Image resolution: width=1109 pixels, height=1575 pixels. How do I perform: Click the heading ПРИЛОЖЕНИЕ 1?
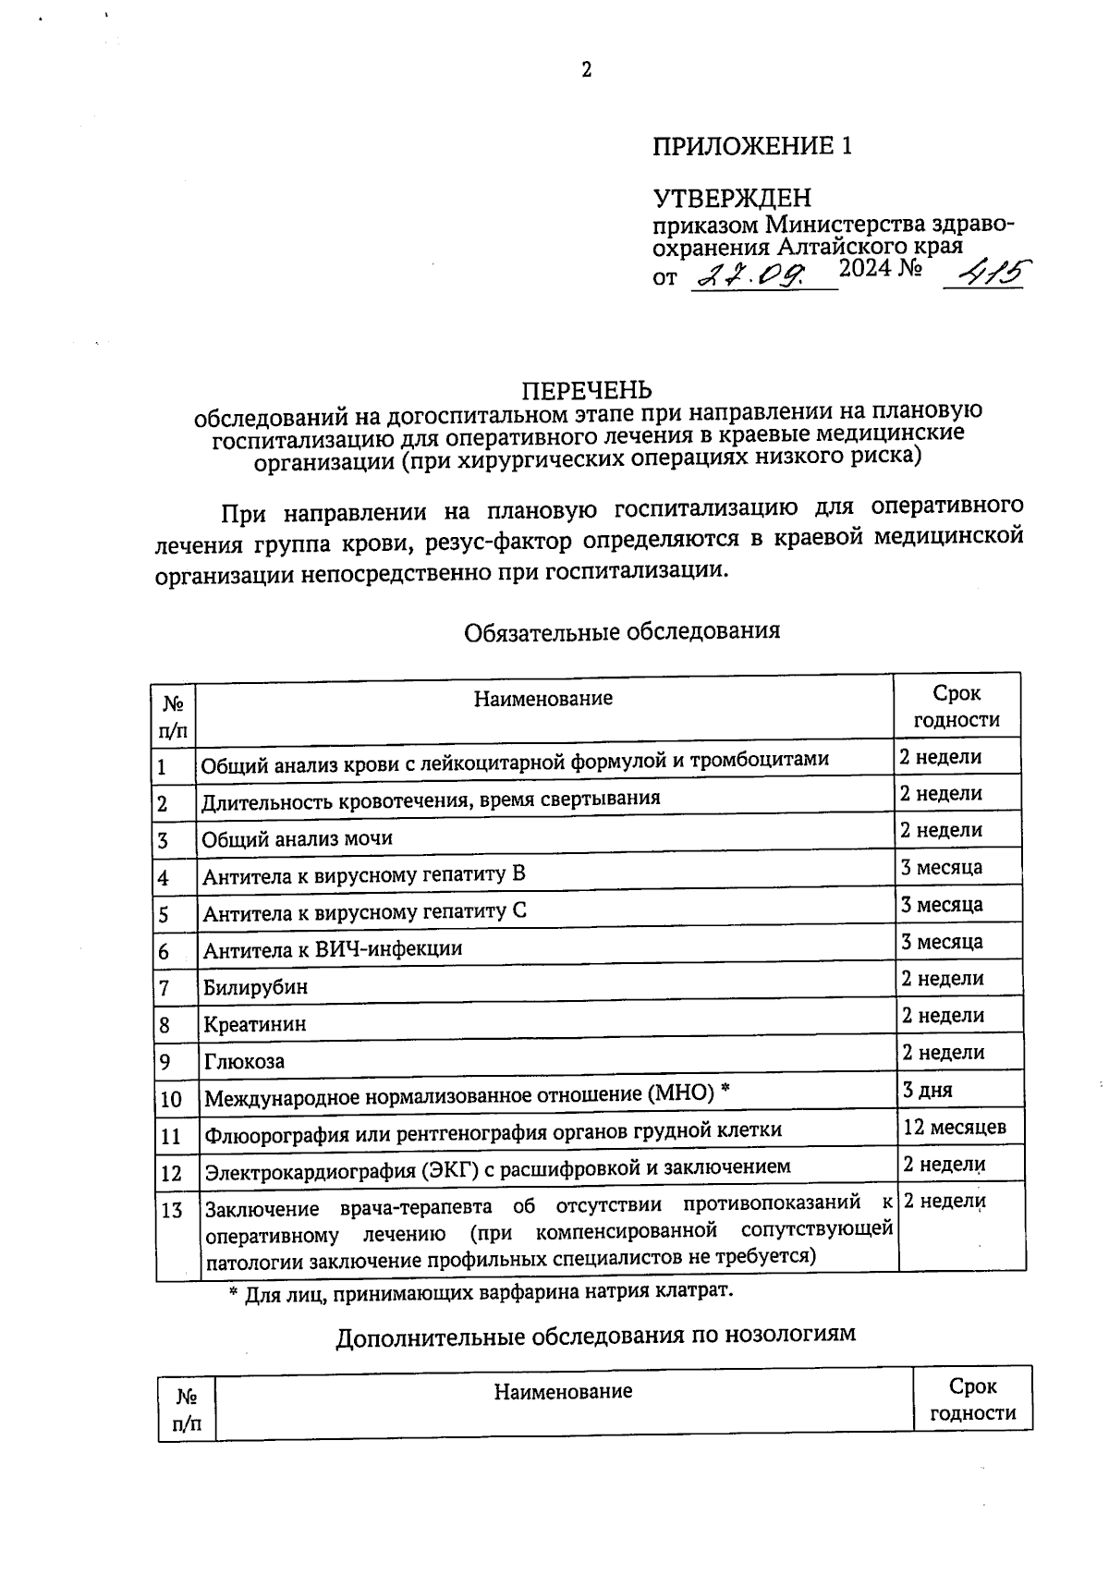(751, 146)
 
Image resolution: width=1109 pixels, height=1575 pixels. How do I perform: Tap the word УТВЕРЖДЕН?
(732, 198)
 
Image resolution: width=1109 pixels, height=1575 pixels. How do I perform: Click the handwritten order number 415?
(986, 273)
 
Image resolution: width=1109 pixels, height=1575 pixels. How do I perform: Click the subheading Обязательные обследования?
(622, 630)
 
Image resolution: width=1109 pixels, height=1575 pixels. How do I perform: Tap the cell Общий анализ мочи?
(298, 838)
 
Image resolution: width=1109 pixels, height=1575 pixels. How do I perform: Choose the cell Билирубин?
(256, 986)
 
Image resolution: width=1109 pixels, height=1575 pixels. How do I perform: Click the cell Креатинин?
(255, 1024)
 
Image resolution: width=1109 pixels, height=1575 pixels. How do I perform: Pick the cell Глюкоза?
(245, 1061)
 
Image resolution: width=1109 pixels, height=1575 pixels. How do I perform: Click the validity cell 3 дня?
(927, 1091)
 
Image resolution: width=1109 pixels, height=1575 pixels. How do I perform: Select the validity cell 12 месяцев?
(955, 1128)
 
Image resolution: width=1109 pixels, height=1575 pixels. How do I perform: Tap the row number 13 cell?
(172, 1210)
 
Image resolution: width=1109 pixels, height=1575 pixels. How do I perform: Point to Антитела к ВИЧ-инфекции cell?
(333, 949)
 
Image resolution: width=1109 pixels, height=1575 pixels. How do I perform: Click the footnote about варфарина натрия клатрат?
(481, 1291)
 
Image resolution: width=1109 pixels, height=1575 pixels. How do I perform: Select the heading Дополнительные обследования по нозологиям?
(595, 1336)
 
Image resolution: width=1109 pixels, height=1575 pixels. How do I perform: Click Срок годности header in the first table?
(957, 706)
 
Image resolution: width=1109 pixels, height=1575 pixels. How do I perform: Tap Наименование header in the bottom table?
(563, 1391)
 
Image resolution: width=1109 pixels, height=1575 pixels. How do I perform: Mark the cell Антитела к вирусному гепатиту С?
(365, 912)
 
